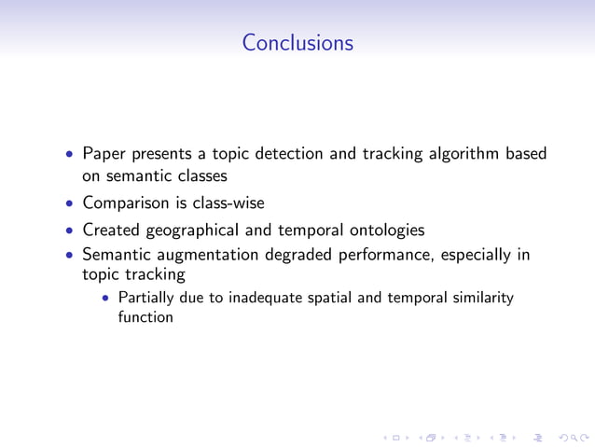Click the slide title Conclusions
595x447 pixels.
tap(297, 43)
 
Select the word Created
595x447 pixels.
tap(111, 229)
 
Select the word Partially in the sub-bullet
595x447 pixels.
tap(144, 299)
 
